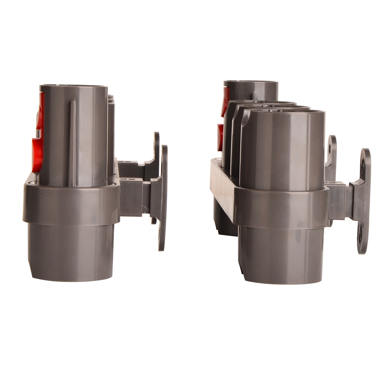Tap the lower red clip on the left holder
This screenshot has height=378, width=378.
[37, 155]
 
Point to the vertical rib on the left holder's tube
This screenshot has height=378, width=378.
[72, 143]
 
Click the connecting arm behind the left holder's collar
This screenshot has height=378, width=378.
[132, 196]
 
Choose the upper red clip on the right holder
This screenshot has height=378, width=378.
[226, 100]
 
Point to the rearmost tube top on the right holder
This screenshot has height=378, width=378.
[251, 84]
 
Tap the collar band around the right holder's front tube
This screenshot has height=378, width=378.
[281, 208]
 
